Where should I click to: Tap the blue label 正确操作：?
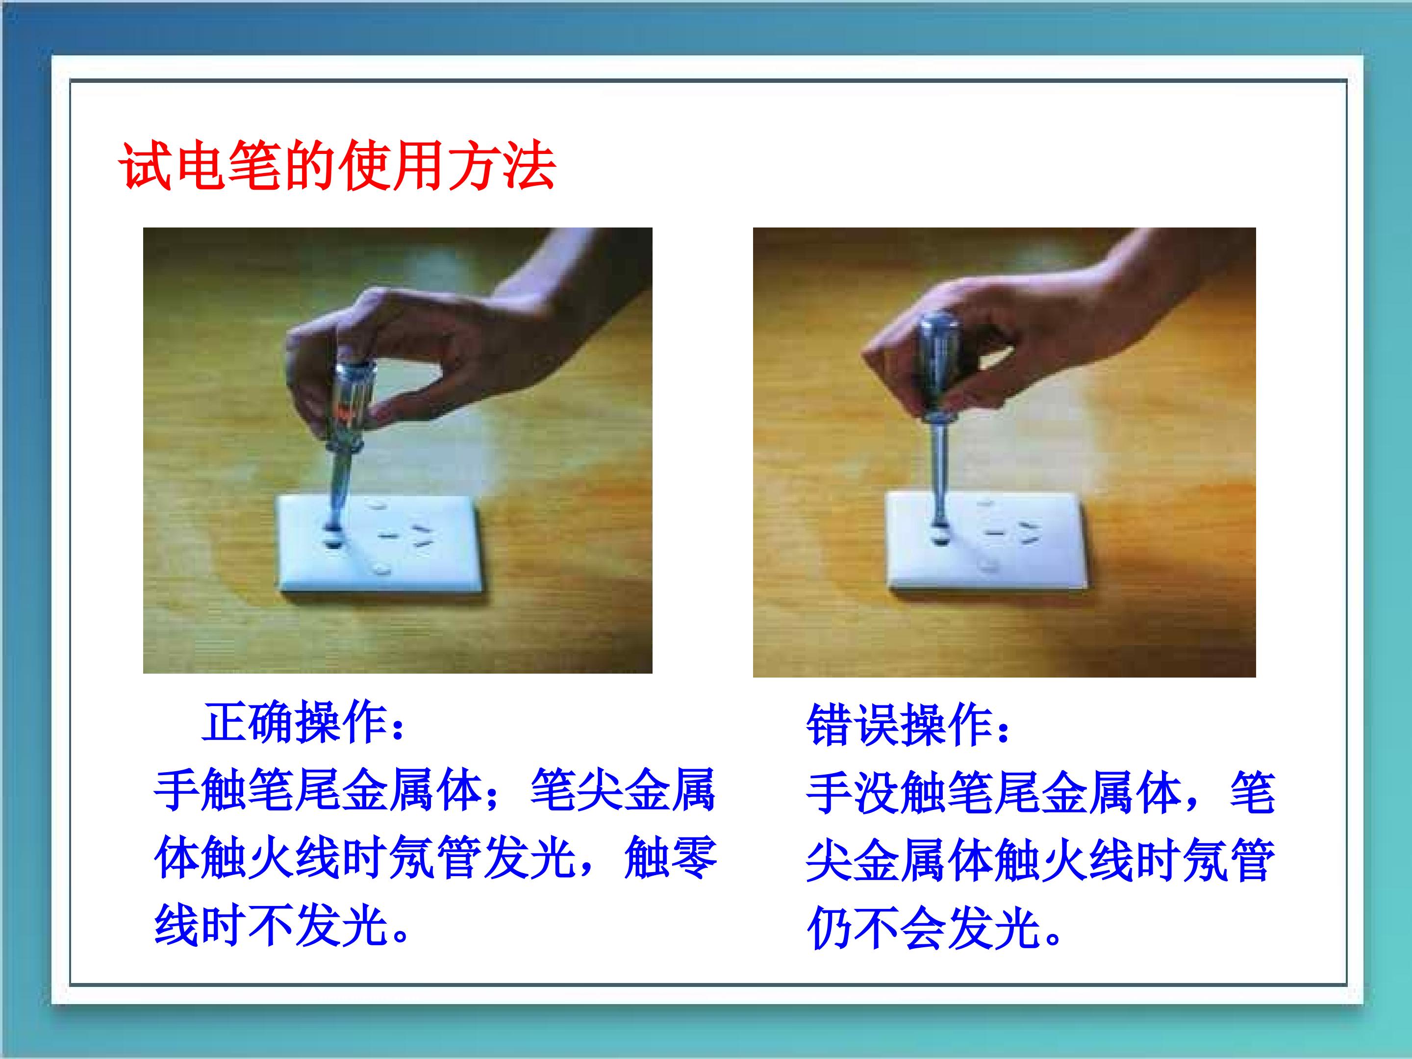[x=304, y=723]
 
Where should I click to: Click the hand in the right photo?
[x=1047, y=332]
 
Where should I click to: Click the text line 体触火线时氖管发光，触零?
[x=435, y=858]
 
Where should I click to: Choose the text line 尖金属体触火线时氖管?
[x=1040, y=860]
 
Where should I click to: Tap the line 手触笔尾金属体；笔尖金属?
[x=435, y=790]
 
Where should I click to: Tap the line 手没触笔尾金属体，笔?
[x=1040, y=793]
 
